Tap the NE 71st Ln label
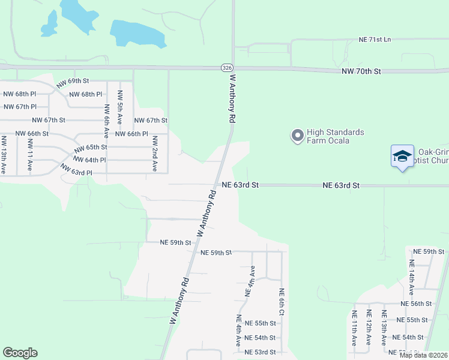(x=375, y=40)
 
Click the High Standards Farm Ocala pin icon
(x=297, y=136)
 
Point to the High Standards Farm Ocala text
(x=336, y=136)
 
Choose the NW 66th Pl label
(x=131, y=134)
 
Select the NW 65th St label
(x=90, y=147)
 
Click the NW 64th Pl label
(x=89, y=160)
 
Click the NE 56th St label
(x=417, y=304)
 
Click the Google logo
(x=20, y=353)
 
